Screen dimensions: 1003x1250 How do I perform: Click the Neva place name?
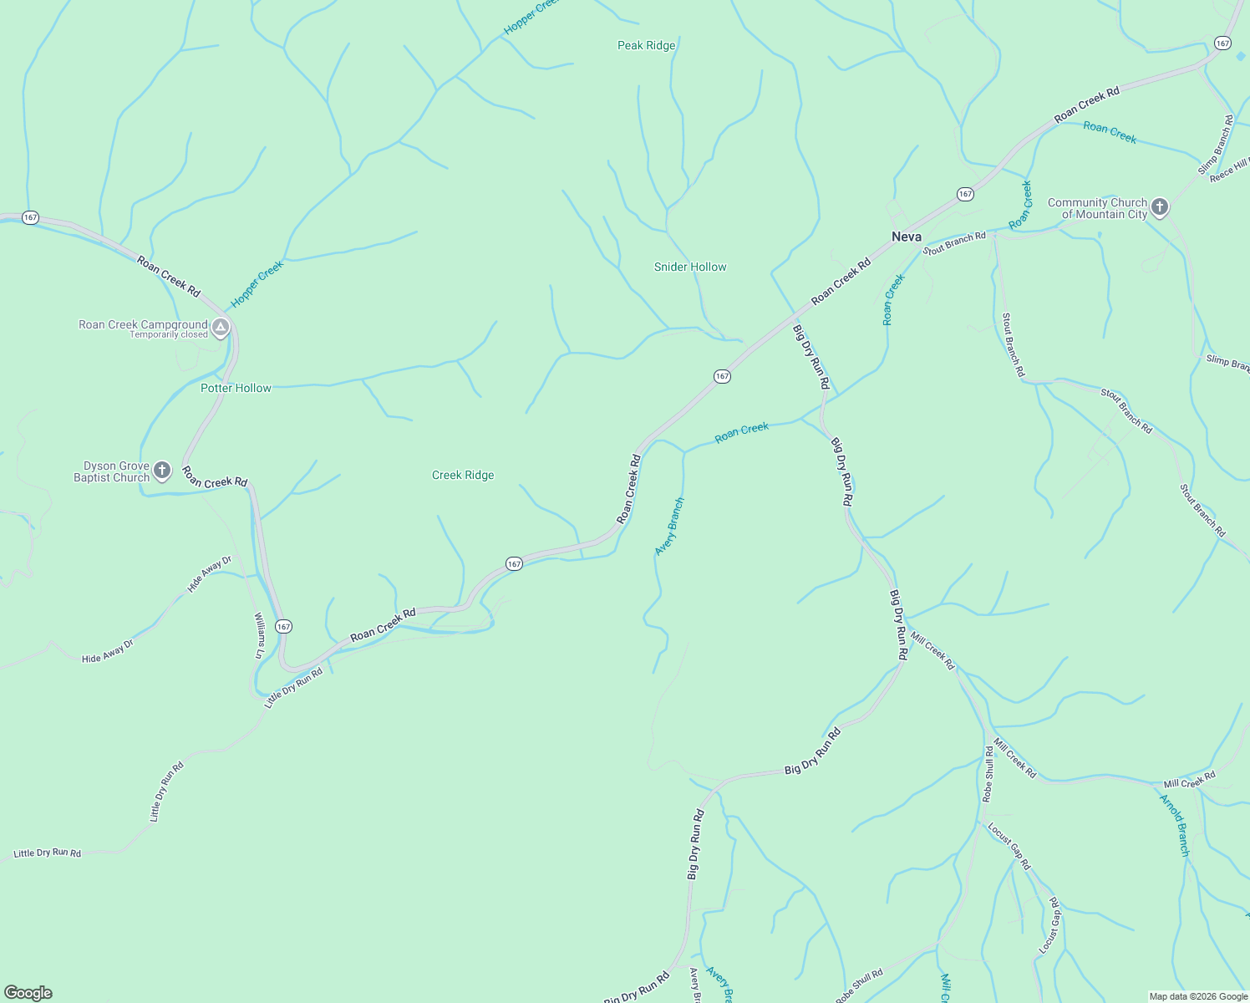(x=907, y=237)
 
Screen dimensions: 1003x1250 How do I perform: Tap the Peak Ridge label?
(x=646, y=45)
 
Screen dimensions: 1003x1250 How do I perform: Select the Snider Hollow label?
(x=690, y=267)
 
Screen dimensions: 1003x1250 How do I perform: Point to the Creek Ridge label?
(x=463, y=475)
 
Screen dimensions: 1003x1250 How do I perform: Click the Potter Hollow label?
(x=236, y=388)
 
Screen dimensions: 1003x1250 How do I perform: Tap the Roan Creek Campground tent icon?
(x=221, y=328)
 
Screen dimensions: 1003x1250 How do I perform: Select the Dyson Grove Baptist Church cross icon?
(x=162, y=471)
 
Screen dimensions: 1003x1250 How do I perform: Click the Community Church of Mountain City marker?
(x=1159, y=206)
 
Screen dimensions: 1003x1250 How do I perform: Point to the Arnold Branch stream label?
(x=1174, y=825)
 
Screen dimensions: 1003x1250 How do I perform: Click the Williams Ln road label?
(x=259, y=635)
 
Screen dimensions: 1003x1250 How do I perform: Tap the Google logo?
(x=28, y=993)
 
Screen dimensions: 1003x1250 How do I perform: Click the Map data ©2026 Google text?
(x=1197, y=996)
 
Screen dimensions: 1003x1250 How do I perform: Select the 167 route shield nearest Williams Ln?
(x=284, y=626)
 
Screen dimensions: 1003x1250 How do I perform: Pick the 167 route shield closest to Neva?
(x=965, y=194)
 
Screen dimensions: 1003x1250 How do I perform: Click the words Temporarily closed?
(x=168, y=335)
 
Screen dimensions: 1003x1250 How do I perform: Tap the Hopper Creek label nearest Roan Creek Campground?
(x=257, y=283)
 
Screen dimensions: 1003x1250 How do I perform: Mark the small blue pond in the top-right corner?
(x=1241, y=55)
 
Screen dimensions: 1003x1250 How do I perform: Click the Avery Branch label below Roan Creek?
(x=669, y=527)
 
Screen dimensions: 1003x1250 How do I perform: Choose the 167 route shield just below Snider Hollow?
(x=722, y=376)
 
